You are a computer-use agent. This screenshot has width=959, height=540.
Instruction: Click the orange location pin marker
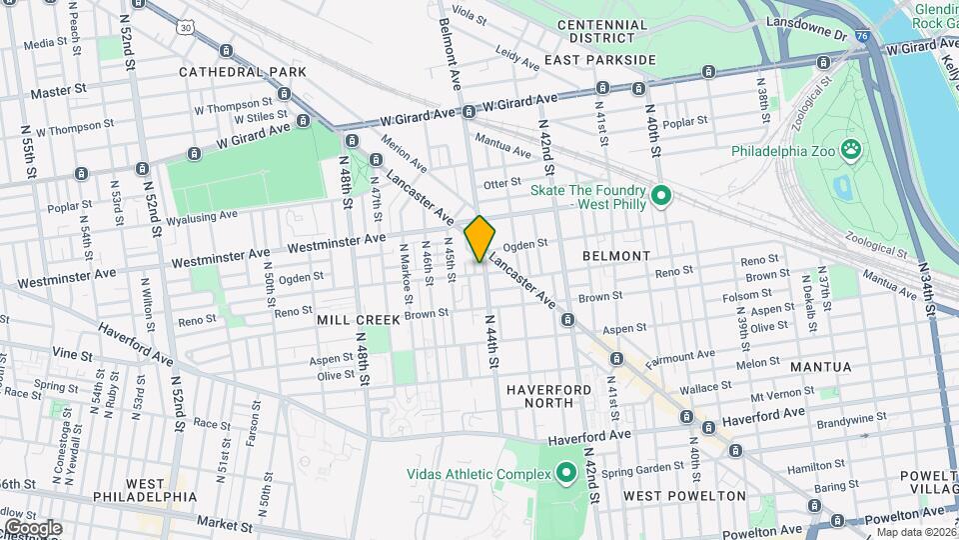pos(479,238)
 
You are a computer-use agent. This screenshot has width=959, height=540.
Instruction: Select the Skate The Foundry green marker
pos(660,196)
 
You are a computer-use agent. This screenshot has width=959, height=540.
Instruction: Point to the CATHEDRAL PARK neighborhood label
pos(243,72)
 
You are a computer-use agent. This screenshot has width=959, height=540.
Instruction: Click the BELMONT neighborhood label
pos(616,256)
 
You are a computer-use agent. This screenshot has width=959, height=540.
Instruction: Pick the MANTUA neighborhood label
pos(821,367)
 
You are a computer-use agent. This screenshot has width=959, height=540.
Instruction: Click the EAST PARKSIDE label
pos(600,60)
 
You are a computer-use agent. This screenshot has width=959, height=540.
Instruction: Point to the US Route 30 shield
pos(187,28)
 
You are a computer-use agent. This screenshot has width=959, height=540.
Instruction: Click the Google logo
pos(32,527)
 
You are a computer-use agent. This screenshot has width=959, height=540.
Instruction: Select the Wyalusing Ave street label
pos(202,216)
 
